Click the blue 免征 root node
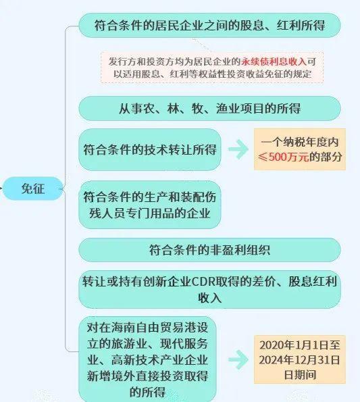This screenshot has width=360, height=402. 33,189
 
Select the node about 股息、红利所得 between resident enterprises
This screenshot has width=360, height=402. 209,26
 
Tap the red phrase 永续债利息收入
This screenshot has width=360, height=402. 274,61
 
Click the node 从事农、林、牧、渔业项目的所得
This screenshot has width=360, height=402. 209,109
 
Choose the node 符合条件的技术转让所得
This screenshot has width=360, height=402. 150,149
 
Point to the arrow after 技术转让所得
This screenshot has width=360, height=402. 238,149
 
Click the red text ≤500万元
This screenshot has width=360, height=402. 283,157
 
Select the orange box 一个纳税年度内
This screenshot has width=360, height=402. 300,149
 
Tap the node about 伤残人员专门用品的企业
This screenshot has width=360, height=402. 150,205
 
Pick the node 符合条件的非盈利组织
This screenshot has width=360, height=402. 209,250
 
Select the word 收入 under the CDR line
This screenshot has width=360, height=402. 209,298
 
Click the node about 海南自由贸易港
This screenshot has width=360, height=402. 148,359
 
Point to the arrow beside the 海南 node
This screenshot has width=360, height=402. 238,359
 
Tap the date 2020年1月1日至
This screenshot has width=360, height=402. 300,345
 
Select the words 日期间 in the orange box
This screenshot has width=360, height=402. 300,374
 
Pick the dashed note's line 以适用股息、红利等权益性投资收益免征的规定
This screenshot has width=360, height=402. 212,74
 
